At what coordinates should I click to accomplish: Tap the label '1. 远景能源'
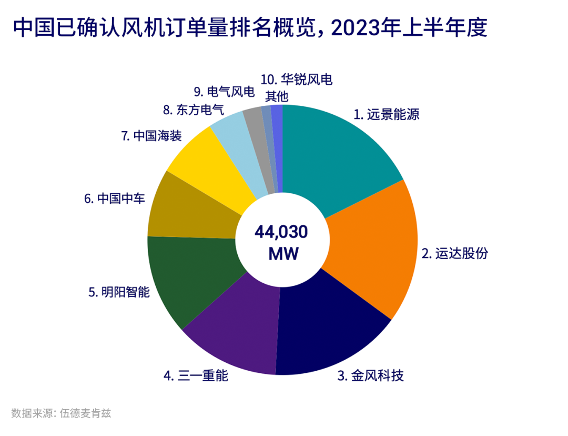tap(386, 114)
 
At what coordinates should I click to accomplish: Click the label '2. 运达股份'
tap(455, 253)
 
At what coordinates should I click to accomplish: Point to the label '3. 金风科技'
tap(370, 375)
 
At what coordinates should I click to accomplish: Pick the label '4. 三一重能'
tap(196, 375)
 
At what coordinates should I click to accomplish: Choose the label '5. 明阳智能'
tap(119, 292)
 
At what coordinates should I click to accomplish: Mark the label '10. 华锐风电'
tap(297, 80)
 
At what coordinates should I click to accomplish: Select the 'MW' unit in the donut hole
tap(283, 254)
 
